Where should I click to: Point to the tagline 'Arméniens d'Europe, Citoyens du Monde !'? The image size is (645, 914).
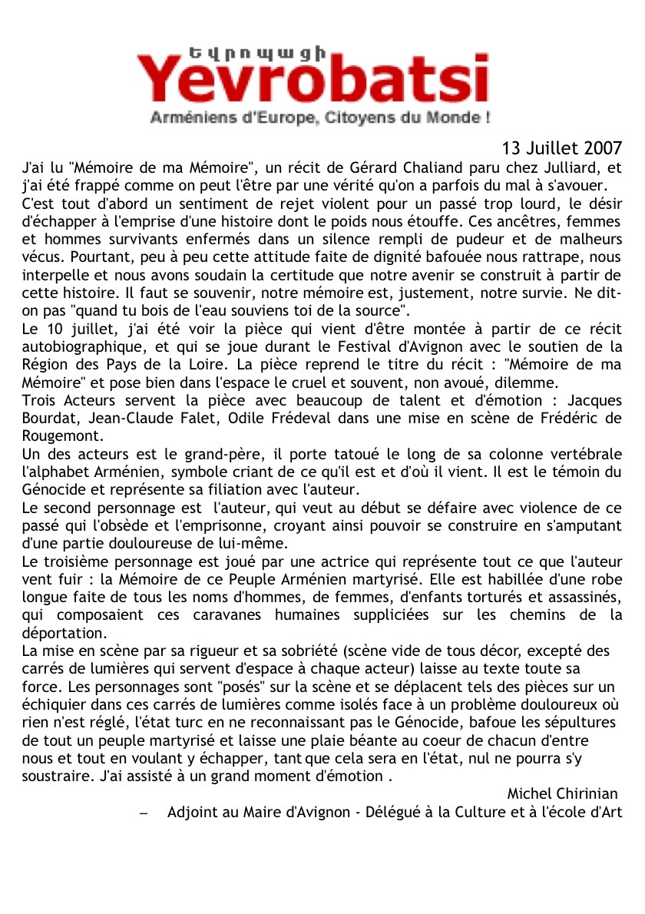320,119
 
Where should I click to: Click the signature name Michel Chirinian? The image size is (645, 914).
562,793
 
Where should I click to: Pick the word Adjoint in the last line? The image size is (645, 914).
193,811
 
